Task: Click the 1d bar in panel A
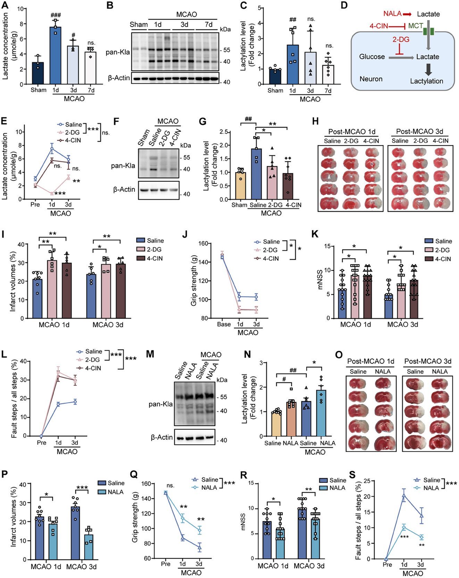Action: tap(55, 56)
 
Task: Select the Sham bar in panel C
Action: tap(275, 77)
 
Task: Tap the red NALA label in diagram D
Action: tap(392, 14)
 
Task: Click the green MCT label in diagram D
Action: tap(416, 26)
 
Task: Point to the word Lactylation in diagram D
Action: tap(426, 81)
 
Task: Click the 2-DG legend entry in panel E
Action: tap(72, 132)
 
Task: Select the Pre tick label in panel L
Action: tap(42, 443)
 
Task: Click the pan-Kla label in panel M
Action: tap(160, 404)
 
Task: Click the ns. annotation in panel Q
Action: tap(170, 485)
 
